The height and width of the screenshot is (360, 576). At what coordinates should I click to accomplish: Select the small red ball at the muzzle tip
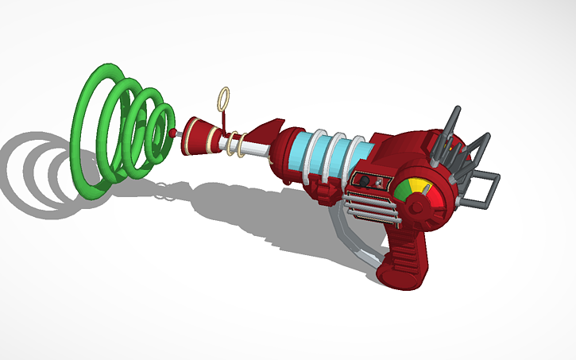point(172,133)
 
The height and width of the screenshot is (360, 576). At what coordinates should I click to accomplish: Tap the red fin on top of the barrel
point(268,128)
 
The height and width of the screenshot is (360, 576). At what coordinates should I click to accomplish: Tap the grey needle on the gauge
point(424,192)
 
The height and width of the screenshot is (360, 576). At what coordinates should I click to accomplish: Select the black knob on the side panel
point(363,181)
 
